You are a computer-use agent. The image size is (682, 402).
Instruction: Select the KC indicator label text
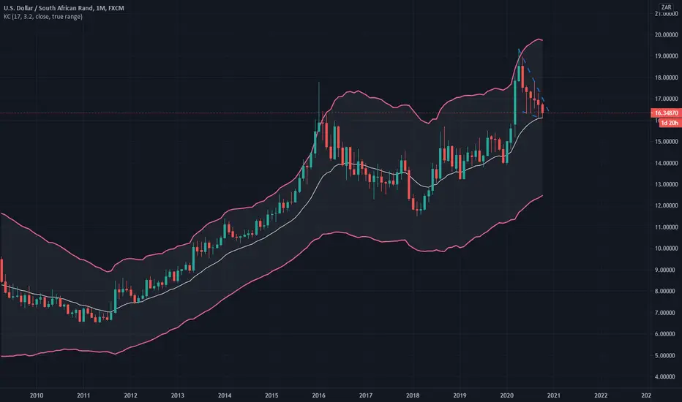coord(43,17)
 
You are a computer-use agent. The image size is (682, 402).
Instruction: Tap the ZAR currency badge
coord(666,7)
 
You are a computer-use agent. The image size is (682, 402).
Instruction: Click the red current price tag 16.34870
coord(666,113)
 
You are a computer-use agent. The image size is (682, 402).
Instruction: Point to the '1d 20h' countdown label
coord(670,123)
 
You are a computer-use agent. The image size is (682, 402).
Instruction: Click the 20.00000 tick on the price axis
coord(667,35)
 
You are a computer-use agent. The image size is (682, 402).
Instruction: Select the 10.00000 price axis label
coord(667,249)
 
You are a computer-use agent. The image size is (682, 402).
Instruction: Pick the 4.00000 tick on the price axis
coord(667,377)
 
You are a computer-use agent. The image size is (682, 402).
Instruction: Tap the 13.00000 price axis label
coord(667,184)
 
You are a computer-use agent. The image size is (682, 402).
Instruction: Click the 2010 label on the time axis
coord(37,395)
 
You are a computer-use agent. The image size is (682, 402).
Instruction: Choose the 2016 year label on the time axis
coord(319,395)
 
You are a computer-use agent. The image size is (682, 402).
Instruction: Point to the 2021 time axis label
coord(554,395)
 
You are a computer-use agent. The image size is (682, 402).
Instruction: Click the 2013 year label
coord(178,395)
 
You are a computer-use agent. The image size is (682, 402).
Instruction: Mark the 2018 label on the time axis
coord(413,395)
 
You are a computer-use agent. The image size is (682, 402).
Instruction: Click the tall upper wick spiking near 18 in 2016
coord(319,102)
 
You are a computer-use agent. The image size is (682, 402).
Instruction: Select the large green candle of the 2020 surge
coord(515,102)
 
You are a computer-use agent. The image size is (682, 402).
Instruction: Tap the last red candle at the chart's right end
coord(542,110)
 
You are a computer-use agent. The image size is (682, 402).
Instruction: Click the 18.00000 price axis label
coord(667,77)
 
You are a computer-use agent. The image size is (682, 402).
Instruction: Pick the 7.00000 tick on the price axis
coord(667,313)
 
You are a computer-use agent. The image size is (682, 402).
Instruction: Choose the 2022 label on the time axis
coord(601,395)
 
